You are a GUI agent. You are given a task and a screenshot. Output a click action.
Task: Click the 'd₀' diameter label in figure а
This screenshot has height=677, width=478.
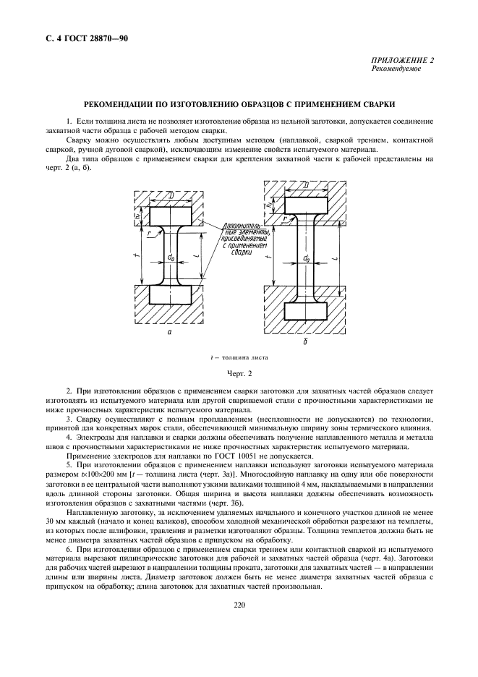tap(171, 257)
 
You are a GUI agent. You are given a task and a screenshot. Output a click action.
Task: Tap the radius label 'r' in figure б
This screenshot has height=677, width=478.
tap(286, 217)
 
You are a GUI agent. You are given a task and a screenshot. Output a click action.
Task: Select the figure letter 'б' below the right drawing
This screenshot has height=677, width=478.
tap(305, 341)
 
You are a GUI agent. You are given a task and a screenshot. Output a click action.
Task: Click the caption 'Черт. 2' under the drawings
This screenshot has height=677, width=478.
tap(239, 373)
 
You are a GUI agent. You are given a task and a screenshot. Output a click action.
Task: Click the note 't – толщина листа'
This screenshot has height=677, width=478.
tap(239, 357)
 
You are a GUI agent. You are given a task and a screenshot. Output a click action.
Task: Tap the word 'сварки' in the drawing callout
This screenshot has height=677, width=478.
tap(242, 252)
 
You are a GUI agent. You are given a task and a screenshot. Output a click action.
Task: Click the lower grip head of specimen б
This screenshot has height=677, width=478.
tap(307, 310)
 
